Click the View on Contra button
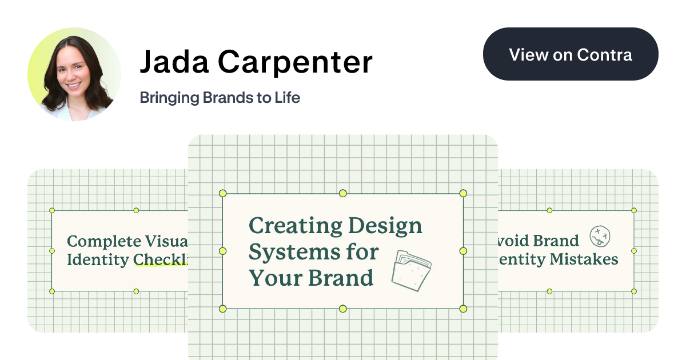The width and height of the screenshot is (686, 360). [571, 54]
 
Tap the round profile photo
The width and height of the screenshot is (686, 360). [74, 74]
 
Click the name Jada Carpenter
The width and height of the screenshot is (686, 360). [256, 62]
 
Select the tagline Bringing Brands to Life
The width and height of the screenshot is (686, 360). [220, 98]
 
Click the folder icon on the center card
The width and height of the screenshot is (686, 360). [411, 270]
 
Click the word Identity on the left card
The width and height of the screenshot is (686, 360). [98, 260]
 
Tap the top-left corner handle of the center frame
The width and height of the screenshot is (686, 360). [223, 194]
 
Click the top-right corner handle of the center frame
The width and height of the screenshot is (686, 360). [463, 194]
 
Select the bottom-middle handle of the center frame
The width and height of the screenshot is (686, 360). [343, 309]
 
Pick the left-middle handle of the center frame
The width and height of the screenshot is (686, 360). [223, 251]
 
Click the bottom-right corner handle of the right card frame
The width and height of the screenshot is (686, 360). [634, 291]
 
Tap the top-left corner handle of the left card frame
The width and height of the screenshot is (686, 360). [52, 210]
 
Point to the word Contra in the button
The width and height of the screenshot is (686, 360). [605, 55]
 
